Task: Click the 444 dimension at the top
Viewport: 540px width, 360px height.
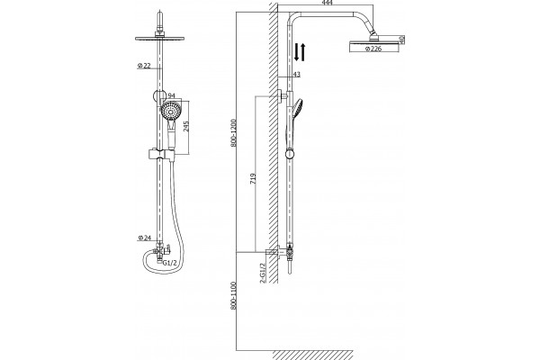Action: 328,3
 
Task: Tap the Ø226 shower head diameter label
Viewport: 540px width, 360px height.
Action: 373,49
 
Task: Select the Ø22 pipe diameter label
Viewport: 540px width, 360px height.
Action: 144,66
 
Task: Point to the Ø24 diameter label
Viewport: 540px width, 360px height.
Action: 145,238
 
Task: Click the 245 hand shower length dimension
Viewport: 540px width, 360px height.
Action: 186,126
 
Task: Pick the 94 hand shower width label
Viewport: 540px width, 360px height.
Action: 172,95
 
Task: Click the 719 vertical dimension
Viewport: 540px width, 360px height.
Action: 253,178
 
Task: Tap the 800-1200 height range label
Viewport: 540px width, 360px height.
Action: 233,133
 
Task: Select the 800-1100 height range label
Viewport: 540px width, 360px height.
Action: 233,296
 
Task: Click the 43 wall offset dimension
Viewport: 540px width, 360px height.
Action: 296,74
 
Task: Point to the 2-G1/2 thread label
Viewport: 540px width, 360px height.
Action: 263,274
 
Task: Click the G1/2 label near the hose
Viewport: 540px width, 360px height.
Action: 170,263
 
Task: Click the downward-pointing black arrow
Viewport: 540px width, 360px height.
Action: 296,52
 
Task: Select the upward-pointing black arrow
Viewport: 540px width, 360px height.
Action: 302,52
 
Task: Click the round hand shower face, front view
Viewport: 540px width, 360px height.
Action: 170,111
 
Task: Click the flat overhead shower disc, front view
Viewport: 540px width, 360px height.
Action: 160,38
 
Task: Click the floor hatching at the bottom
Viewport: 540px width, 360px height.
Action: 312,355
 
